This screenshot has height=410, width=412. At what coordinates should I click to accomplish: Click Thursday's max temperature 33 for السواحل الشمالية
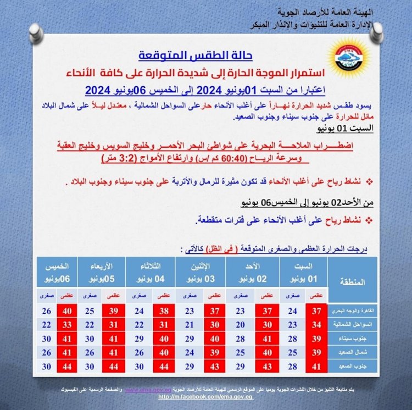tap(68, 324)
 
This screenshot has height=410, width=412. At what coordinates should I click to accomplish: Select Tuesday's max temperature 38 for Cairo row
tap(163, 311)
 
